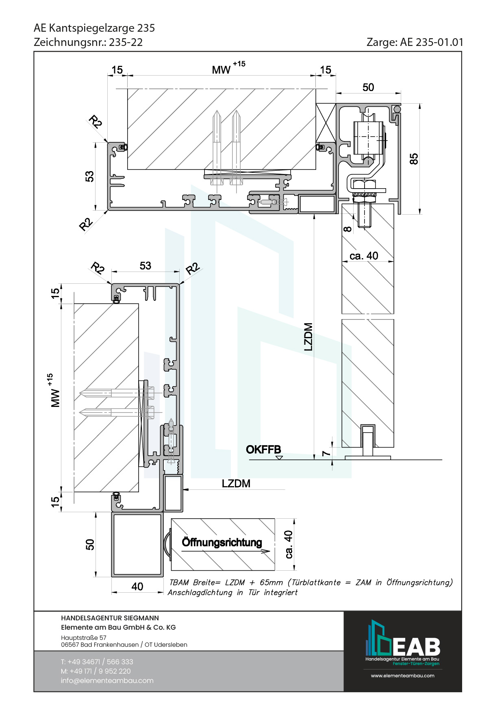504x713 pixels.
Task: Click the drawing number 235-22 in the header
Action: click(126, 42)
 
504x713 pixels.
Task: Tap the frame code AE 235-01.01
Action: click(432, 42)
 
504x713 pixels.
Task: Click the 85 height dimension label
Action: click(414, 159)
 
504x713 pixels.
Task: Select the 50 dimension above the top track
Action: click(368, 87)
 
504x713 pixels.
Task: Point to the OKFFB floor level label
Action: click(263, 450)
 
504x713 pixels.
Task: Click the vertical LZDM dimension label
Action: click(308, 337)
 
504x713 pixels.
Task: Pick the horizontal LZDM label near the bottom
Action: click(236, 483)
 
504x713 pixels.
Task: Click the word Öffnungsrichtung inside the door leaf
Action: click(222, 542)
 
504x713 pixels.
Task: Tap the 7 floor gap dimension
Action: click(326, 453)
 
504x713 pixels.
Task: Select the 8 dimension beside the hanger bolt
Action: click(347, 229)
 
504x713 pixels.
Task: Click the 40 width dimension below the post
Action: click(137, 587)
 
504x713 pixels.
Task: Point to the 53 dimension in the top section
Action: click(89, 176)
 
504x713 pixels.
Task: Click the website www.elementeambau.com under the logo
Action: click(402, 676)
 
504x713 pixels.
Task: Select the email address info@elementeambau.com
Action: click(107, 680)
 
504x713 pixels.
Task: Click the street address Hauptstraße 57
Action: click(84, 638)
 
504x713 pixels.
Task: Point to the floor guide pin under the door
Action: click(368, 441)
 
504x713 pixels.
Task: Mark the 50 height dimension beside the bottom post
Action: click(90, 545)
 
